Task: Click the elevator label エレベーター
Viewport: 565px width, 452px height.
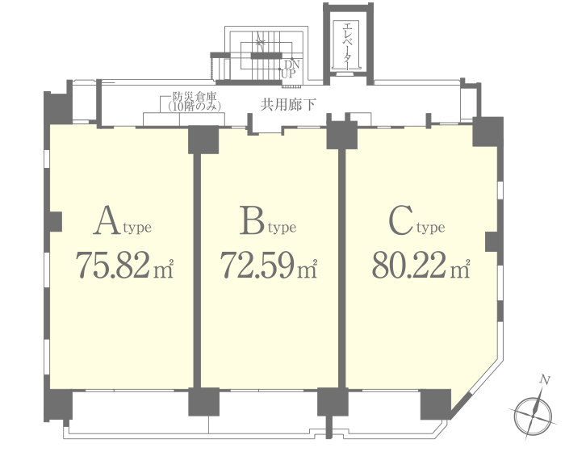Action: [x=347, y=45]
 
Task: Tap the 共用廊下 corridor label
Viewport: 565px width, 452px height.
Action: [x=288, y=105]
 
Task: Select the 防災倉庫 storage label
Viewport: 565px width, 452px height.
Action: [x=195, y=97]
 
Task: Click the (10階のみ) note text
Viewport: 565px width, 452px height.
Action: [x=195, y=107]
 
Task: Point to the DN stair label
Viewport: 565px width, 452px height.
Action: [x=292, y=65]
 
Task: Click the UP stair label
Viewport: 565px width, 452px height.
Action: [x=288, y=74]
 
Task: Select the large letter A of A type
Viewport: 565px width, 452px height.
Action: [x=107, y=220]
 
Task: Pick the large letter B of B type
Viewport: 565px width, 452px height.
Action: [x=252, y=220]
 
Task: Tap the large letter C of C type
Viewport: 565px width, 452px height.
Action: [x=400, y=220]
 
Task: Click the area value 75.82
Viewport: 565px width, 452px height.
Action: [x=112, y=265]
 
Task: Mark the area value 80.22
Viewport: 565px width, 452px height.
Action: [x=409, y=265]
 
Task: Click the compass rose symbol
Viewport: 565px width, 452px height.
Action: [x=533, y=415]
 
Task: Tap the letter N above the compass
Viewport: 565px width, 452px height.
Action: [x=546, y=380]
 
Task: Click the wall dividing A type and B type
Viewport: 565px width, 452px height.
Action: [x=197, y=270]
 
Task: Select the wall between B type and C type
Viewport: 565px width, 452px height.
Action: [x=342, y=269]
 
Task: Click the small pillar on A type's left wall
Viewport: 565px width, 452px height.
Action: [x=56, y=221]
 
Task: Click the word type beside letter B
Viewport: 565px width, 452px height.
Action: [x=282, y=228]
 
